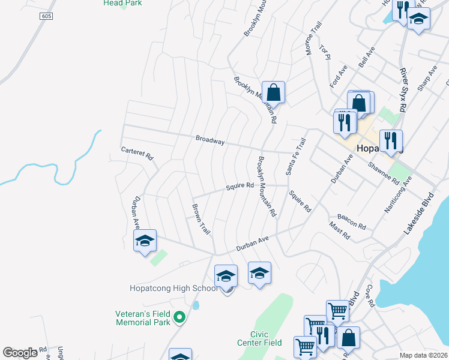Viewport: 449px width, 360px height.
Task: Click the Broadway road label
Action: click(210, 141)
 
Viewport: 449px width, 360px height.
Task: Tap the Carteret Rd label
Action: click(137, 154)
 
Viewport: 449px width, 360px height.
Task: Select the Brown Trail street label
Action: click(200, 219)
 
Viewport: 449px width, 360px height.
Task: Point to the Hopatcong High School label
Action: click(173, 288)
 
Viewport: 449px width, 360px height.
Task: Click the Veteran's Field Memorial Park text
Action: click(143, 317)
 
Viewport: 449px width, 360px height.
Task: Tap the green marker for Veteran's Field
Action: click(178, 317)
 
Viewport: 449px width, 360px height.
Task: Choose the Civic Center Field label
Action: click(267, 338)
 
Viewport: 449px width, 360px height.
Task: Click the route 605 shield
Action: click(47, 16)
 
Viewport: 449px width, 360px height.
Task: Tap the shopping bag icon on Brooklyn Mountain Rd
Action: click(273, 92)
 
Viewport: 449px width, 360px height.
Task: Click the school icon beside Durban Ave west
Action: click(145, 241)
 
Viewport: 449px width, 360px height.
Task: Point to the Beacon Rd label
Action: click(352, 221)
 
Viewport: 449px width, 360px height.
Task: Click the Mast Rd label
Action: click(339, 230)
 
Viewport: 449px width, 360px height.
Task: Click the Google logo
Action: click(20, 353)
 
